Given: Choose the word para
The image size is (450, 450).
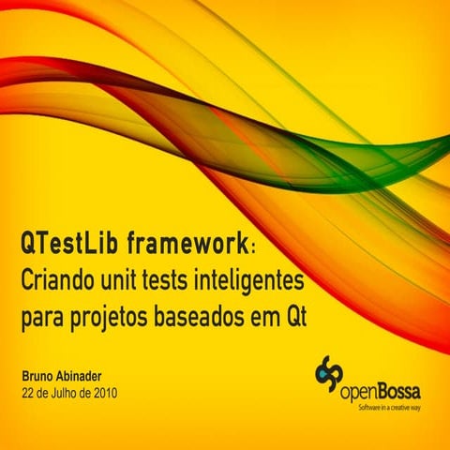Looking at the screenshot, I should tap(41, 319).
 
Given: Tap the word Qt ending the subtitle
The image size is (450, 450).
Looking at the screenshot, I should tap(296, 319).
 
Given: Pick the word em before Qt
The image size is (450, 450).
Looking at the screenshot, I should tap(262, 319).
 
